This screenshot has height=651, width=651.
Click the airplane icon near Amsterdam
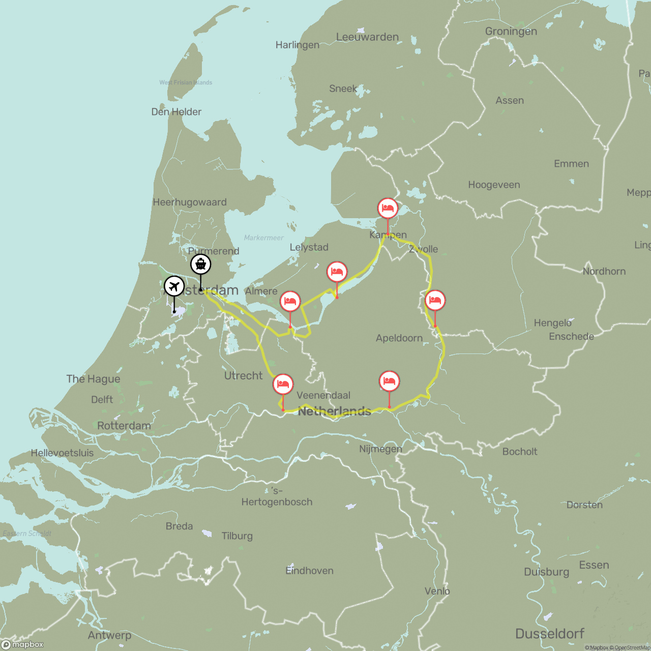point(174,287)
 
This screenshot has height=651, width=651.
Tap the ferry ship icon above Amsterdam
point(201,264)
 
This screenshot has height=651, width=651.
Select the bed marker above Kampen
point(388,209)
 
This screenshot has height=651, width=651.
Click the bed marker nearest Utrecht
point(283,384)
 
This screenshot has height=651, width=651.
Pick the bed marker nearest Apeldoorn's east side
point(435,301)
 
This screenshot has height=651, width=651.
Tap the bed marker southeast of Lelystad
point(337,272)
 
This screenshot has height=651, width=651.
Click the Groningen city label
point(511,32)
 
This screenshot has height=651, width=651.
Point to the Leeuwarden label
point(367,37)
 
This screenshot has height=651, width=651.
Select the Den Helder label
point(176,112)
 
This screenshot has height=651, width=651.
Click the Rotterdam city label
point(124,426)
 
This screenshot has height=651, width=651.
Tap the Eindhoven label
point(309,571)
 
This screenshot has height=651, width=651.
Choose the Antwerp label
point(109,635)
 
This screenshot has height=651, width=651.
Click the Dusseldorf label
point(549,634)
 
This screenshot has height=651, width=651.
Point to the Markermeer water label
point(263,238)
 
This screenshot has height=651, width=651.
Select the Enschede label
point(571,337)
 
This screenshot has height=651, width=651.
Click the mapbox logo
point(23,644)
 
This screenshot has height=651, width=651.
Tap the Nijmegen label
point(380,449)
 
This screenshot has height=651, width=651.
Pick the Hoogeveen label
point(494,185)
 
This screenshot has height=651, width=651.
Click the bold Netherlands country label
point(334,411)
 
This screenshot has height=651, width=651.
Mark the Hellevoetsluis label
point(62,453)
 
